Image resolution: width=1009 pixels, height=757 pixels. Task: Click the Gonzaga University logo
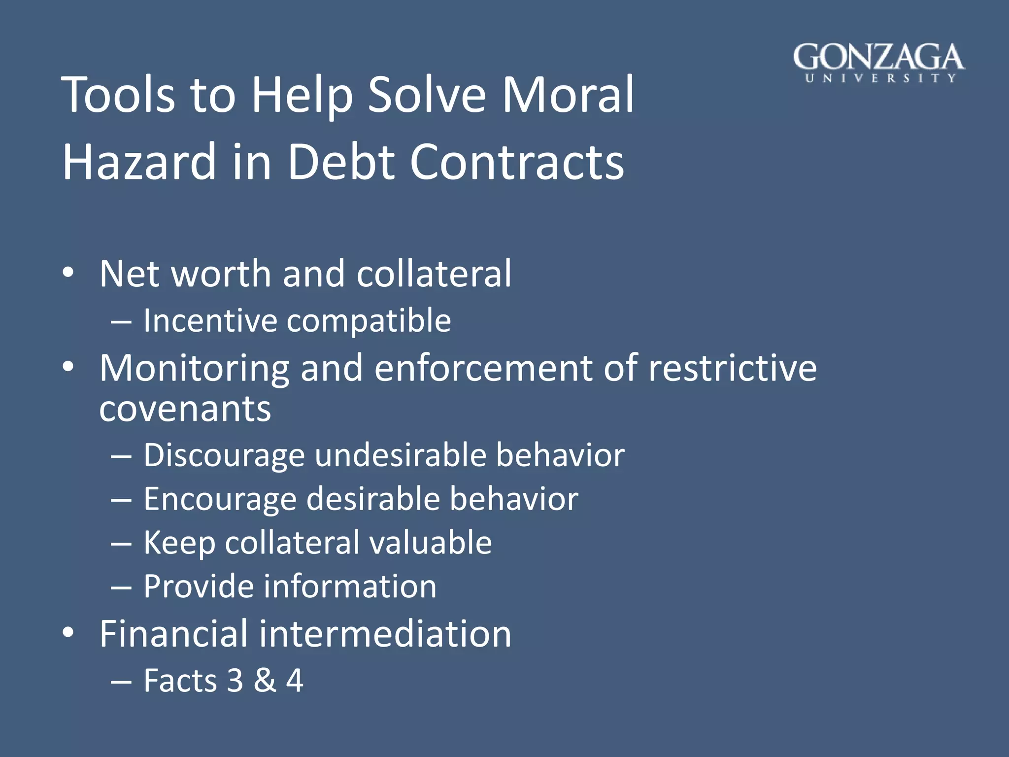(878, 63)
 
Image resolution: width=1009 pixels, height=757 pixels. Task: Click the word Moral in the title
(568, 95)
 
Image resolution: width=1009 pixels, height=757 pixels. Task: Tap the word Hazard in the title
(139, 162)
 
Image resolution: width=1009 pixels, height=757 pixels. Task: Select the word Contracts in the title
(517, 162)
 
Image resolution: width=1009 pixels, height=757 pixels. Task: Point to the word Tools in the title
(118, 95)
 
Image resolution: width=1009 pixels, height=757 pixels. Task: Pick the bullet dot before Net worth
(68, 273)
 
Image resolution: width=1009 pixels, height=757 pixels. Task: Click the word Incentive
(210, 321)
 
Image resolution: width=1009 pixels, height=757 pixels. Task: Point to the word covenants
(185, 409)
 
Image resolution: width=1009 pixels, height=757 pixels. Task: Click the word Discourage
(224, 455)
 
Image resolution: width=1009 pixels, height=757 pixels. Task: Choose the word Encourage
(220, 500)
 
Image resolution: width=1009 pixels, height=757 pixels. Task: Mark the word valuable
(431, 543)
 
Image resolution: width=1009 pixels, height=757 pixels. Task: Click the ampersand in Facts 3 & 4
(265, 681)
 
